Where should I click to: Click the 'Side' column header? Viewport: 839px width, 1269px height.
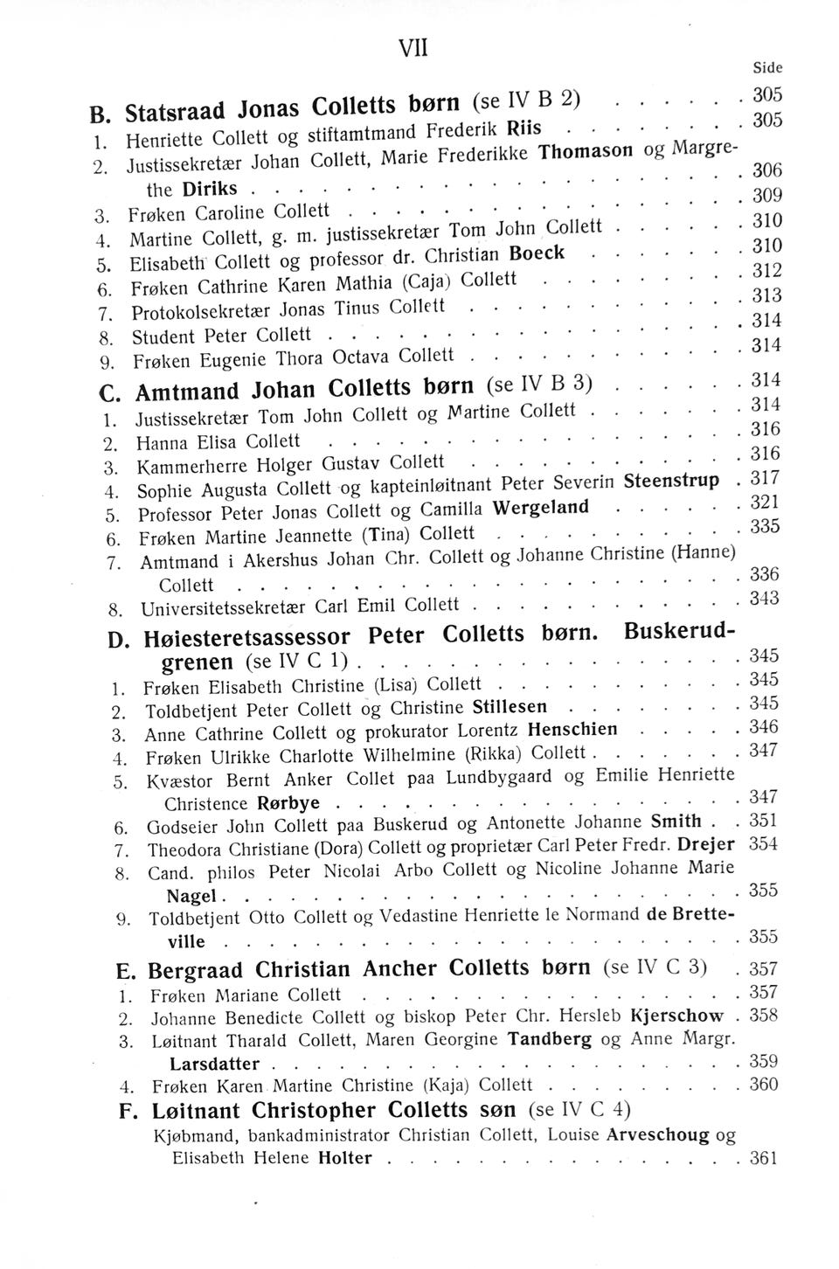pyautogui.click(x=766, y=67)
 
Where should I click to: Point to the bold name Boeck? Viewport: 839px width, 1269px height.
pyautogui.click(x=537, y=253)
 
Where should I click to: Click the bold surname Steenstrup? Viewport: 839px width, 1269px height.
pyautogui.click(x=672, y=482)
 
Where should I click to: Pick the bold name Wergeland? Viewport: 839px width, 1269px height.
pyautogui.click(x=540, y=509)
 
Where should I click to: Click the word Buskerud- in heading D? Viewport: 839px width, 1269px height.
pyautogui.click(x=680, y=632)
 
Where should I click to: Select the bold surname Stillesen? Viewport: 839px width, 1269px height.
pyautogui.click(x=510, y=706)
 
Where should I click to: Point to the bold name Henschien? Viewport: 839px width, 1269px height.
pyautogui.click(x=573, y=729)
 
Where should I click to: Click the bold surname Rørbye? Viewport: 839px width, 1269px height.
pyautogui.click(x=289, y=802)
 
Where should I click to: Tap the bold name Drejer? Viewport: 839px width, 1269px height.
pyautogui.click(x=708, y=845)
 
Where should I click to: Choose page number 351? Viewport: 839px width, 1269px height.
pyautogui.click(x=764, y=821)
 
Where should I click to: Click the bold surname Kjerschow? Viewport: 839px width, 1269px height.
pyautogui.click(x=677, y=1016)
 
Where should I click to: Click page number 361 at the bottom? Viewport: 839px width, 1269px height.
pyautogui.click(x=764, y=1159)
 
